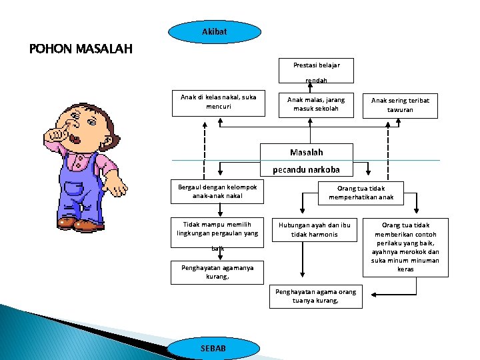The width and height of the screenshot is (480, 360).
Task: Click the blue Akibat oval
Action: click(x=214, y=32)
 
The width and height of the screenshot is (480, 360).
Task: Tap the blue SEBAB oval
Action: click(x=213, y=349)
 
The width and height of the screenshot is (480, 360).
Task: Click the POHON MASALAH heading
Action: click(x=81, y=49)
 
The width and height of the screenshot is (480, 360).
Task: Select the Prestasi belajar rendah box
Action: click(x=316, y=71)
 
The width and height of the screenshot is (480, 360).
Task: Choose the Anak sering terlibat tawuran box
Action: click(x=400, y=105)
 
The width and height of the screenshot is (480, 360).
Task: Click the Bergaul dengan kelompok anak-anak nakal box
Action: click(x=213, y=192)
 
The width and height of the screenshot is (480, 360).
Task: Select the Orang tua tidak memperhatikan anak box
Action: click(x=361, y=193)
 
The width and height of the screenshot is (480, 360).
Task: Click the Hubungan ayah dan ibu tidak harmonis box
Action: click(x=314, y=230)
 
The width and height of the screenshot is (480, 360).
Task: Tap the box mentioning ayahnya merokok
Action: click(x=405, y=247)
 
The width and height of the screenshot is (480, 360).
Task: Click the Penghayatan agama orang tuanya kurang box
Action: click(x=315, y=296)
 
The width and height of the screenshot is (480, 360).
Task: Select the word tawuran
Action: click(x=400, y=110)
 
